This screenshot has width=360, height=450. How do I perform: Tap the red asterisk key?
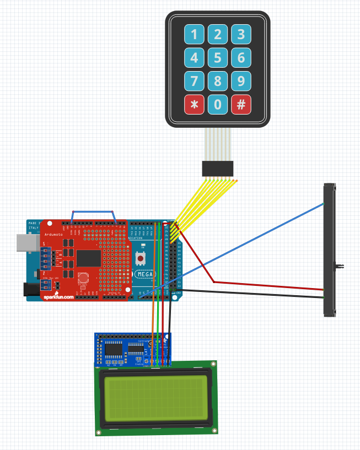click(194, 104)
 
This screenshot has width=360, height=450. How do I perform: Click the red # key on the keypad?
click(241, 104)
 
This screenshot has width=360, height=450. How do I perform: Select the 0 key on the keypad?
click(217, 104)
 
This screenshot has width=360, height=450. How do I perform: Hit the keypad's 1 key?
click(194, 35)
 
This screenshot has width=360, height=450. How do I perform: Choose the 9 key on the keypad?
click(241, 81)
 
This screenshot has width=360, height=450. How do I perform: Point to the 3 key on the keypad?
click(241, 35)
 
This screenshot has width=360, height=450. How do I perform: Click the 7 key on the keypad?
click(194, 81)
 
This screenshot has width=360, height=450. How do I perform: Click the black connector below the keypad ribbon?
click(218, 169)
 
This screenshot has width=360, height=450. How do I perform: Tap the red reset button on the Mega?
click(141, 258)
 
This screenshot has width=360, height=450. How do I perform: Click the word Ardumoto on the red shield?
click(54, 234)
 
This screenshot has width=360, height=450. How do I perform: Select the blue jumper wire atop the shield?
click(93, 211)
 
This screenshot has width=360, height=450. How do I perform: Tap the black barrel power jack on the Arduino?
click(28, 289)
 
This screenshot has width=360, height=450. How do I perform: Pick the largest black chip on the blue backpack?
click(114, 349)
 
